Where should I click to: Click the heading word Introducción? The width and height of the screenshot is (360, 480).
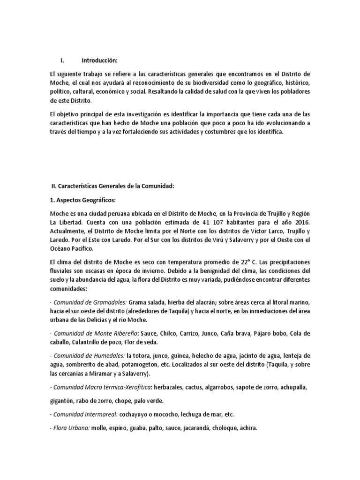tap(100, 60)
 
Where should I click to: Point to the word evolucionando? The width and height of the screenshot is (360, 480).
tap(284, 123)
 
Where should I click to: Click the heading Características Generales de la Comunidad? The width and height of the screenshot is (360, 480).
tap(115, 186)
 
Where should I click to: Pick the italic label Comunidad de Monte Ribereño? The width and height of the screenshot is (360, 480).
tap(94, 333)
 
